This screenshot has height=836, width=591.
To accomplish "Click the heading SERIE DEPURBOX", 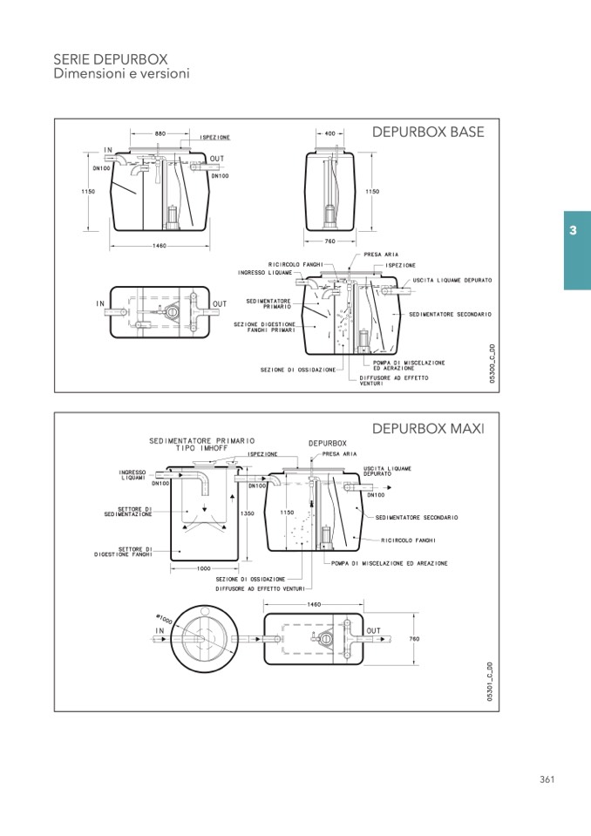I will click(111, 58).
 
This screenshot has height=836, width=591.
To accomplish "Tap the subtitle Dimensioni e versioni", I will click(121, 74).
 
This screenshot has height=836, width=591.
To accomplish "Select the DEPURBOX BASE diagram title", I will click(427, 133).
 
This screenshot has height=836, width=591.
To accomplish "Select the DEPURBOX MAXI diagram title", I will click(427, 429).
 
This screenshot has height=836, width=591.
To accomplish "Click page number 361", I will click(547, 779).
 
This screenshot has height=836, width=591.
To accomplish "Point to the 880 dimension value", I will click(160, 133).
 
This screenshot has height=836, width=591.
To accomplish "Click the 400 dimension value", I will click(329, 133).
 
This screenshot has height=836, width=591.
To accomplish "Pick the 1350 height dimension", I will click(248, 514).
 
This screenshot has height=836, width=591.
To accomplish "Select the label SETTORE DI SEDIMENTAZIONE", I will click(128, 512).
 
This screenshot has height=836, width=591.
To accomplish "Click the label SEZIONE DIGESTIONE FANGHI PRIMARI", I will click(264, 327).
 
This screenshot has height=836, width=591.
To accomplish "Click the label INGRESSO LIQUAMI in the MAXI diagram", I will click(132, 474).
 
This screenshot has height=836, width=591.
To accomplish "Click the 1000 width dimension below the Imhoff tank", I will click(203, 568).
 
